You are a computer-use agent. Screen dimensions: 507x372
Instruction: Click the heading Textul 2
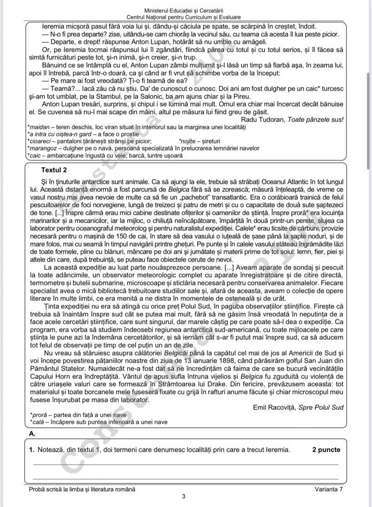(54, 170)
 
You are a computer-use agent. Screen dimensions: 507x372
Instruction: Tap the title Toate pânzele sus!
(316, 120)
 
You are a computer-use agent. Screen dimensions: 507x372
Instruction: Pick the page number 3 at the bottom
(184, 496)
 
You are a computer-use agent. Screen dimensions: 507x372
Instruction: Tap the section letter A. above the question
(32, 433)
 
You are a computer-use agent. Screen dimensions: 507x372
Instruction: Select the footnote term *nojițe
(190, 140)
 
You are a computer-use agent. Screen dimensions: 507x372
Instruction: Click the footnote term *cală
(38, 421)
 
